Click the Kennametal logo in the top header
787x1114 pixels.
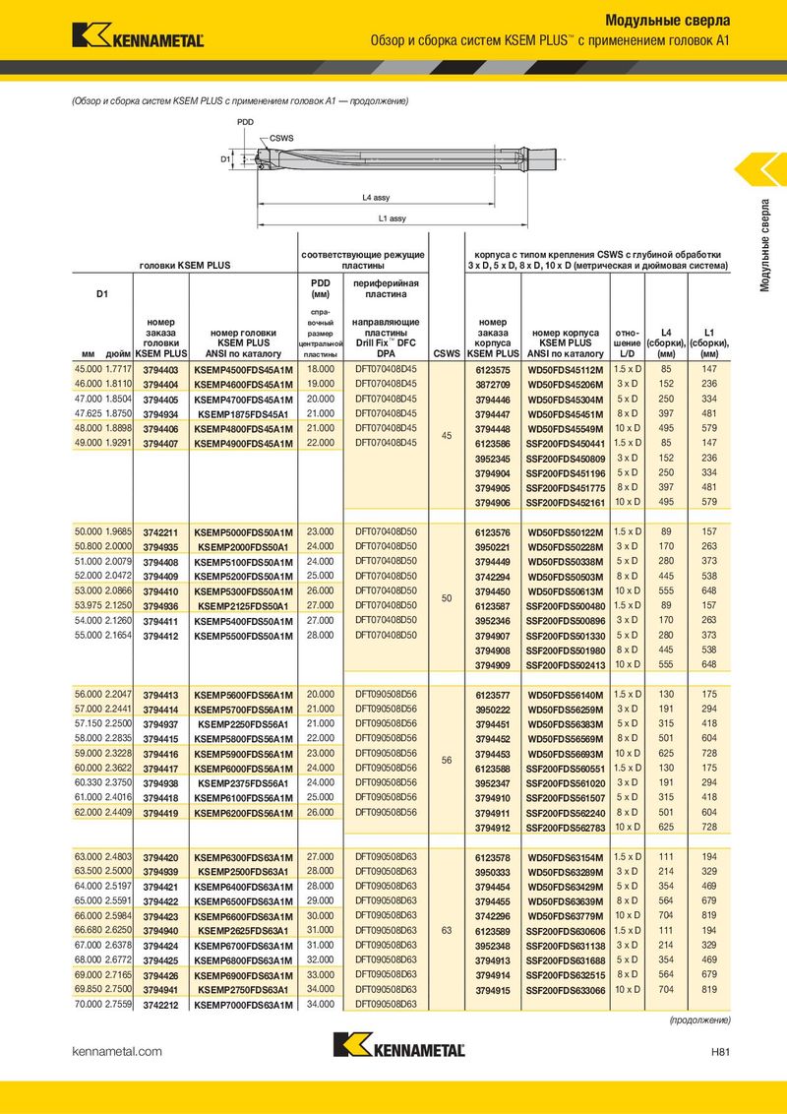[x=138, y=34]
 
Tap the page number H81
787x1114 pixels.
[x=718, y=1051]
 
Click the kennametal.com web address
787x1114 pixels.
[x=117, y=1051]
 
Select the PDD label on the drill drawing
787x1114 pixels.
[x=245, y=121]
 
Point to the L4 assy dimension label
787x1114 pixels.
[x=376, y=198]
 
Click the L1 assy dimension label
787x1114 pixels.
[x=392, y=217]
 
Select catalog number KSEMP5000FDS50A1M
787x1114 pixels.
[x=243, y=532]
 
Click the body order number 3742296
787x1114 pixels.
[x=492, y=916]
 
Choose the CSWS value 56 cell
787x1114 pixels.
[x=446, y=760]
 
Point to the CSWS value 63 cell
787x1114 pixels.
[x=446, y=930]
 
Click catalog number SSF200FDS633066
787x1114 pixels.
[x=566, y=991]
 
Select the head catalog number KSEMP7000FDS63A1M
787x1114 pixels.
[x=243, y=1005]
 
